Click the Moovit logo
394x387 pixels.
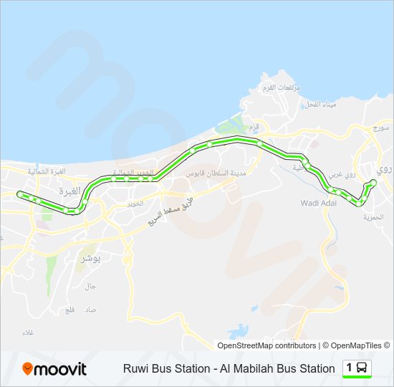54,369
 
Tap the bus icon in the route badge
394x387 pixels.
362,368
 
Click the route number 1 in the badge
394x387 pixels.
350,368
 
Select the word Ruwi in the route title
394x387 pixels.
136,369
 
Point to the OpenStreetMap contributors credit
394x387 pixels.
266,345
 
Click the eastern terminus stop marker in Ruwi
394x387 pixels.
373,183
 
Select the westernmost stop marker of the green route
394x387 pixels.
20,193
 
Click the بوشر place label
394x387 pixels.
92,257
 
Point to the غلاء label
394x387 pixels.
29,333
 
